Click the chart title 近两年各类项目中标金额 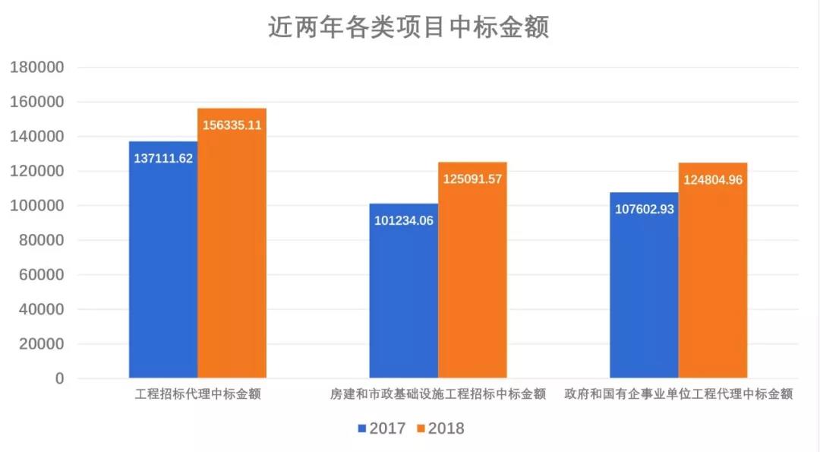tap(408, 27)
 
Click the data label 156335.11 tap(232, 125)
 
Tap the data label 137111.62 tap(163, 159)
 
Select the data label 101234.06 tap(404, 221)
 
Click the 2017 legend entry tap(383, 428)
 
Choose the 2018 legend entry tap(440, 428)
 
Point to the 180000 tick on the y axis tap(36, 68)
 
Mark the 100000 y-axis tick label tap(36, 206)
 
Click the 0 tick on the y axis tap(59, 378)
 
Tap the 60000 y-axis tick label tap(41, 275)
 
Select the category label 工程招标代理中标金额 tap(197, 394)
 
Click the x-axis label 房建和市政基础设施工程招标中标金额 tap(437, 394)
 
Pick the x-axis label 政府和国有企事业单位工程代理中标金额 tap(678, 394)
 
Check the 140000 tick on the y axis tap(36, 137)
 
